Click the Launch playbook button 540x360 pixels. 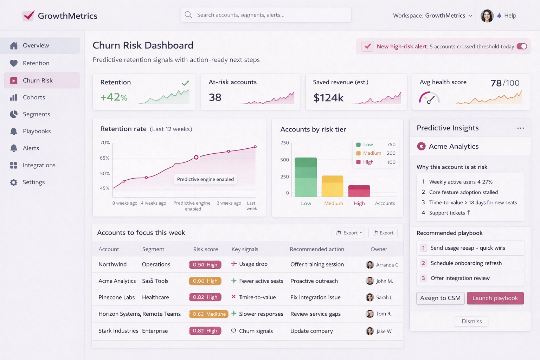[495, 298]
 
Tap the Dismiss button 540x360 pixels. [471, 321]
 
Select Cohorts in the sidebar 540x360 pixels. [34, 97]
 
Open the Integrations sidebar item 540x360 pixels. [39, 165]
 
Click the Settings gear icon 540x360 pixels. [14, 182]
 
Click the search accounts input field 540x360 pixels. [266, 15]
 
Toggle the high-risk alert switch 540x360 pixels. [522, 46]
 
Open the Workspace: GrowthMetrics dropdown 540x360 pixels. [432, 15]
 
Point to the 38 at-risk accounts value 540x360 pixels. [215, 97]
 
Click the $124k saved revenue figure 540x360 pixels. [328, 98]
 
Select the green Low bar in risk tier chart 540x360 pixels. [306, 177]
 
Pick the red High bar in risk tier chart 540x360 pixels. [359, 191]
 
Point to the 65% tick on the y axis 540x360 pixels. [105, 158]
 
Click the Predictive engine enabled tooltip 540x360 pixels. [205, 179]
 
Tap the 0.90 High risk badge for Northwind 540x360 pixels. [205, 265]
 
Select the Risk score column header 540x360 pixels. [205, 249]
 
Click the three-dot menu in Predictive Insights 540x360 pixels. [520, 128]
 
